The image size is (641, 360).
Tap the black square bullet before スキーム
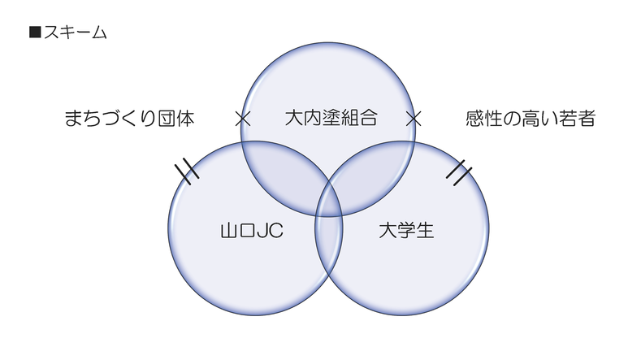pyautogui.click(x=34, y=33)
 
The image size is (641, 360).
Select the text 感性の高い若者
pyautogui.click(x=531, y=119)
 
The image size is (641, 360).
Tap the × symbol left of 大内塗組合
pyautogui.click(x=241, y=119)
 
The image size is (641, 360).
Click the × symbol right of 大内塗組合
pyautogui.click(x=414, y=119)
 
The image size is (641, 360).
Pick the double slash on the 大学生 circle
pyautogui.click(x=459, y=172)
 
